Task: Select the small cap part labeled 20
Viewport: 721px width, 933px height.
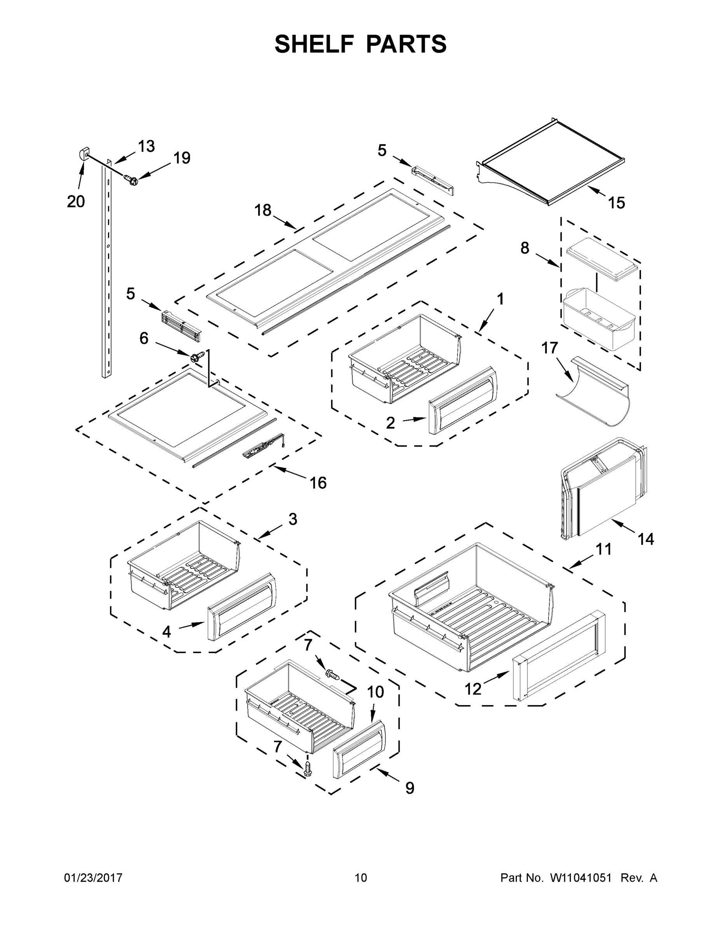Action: click(x=83, y=152)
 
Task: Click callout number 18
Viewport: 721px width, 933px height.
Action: click(x=263, y=210)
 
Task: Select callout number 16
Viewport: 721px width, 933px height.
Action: click(x=318, y=483)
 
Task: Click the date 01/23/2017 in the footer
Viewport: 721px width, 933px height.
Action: click(x=93, y=877)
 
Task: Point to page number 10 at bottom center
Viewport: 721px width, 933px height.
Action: click(x=361, y=877)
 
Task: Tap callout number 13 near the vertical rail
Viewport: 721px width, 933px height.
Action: click(x=146, y=146)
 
